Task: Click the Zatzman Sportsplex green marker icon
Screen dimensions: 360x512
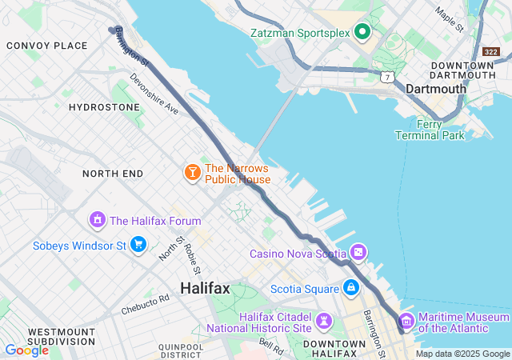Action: pos(362,32)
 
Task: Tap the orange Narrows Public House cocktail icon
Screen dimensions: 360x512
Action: pos(192,172)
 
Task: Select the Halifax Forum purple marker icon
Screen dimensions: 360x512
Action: pos(98,219)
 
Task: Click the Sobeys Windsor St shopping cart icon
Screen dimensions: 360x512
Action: pos(138,244)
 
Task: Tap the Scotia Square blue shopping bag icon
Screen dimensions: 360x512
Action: pos(350,286)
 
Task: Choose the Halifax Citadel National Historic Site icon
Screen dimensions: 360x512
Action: pos(323,321)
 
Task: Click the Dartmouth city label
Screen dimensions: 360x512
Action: pos(435,89)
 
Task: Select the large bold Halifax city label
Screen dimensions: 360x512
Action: pos(205,288)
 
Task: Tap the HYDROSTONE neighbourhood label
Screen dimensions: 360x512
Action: pos(100,106)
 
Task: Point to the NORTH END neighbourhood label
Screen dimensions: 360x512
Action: pos(113,174)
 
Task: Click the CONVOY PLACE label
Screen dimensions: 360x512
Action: pos(46,46)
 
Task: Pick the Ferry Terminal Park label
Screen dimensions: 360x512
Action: pos(430,130)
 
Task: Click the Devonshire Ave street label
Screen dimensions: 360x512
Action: pos(154,95)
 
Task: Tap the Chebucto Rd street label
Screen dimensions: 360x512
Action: pos(146,304)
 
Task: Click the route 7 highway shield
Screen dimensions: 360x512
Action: pos(387,77)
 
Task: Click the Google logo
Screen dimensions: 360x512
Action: pos(26,350)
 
